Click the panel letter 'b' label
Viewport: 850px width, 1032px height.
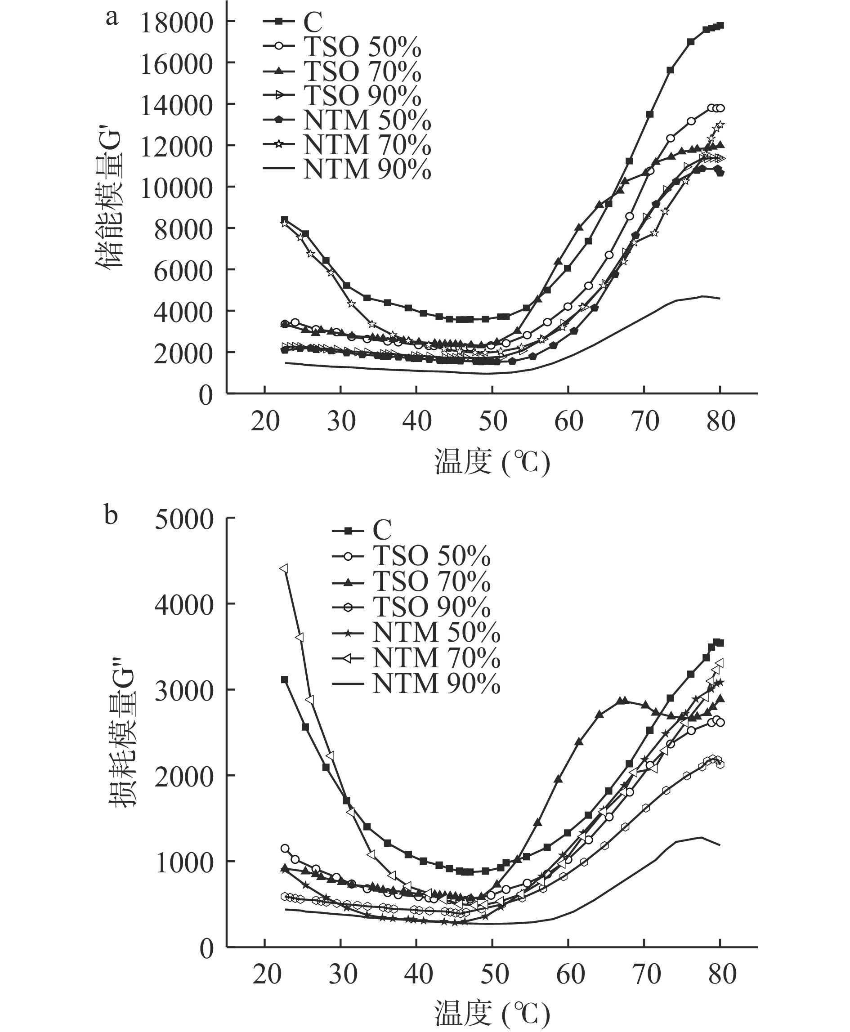pos(111,515)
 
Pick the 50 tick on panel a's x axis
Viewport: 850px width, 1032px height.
pos(492,421)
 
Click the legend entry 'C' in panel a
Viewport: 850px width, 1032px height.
pos(313,22)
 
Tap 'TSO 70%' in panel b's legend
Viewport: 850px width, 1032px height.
pos(431,582)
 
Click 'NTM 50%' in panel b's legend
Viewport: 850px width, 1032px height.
pos(436,633)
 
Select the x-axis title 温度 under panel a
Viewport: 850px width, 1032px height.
pos(492,462)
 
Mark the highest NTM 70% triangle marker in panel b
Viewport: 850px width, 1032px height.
pos(283,568)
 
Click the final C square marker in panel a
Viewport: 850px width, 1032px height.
pos(720,26)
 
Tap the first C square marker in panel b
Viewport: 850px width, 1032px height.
pos(285,679)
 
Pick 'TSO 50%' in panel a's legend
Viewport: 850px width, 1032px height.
pos(362,46)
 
